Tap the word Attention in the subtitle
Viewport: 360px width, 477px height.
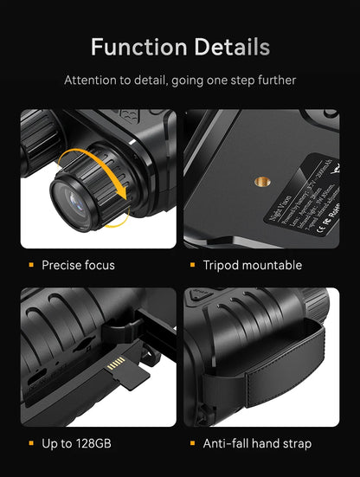(x=93, y=80)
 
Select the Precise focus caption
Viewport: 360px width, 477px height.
(x=78, y=265)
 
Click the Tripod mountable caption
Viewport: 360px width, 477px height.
(x=252, y=265)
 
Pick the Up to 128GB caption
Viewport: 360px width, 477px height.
(x=76, y=444)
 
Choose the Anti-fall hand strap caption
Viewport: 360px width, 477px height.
(x=257, y=444)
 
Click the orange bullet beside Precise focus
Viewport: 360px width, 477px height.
(x=31, y=265)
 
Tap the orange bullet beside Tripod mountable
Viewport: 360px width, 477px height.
(x=192, y=265)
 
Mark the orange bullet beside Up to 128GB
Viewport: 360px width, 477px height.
(x=31, y=444)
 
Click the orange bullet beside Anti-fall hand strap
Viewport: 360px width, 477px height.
(x=192, y=444)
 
